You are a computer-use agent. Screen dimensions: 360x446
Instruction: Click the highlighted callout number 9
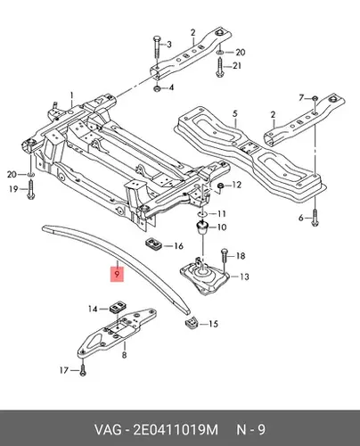click(117, 273)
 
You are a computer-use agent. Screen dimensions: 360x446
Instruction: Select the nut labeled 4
click(157, 88)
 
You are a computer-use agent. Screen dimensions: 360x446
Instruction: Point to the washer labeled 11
click(202, 214)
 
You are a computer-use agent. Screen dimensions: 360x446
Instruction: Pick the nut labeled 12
click(221, 186)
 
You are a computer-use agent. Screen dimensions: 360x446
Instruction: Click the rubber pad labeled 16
click(153, 243)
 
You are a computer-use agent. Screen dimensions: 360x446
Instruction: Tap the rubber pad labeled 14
click(118, 307)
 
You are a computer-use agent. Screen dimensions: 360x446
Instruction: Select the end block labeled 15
click(192, 322)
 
